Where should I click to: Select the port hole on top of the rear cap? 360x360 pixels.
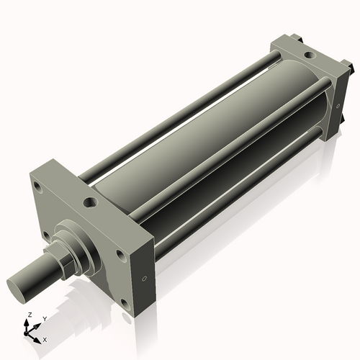(308, 55)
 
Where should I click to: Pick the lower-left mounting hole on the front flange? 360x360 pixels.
(45, 234)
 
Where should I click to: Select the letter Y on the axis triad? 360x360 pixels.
(44, 318)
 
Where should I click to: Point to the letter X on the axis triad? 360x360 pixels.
(45, 338)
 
